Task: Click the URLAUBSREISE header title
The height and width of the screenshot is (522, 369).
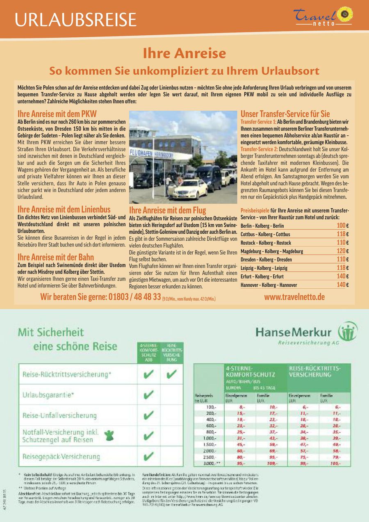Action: coord(75,20)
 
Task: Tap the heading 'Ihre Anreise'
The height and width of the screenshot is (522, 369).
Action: coord(184,53)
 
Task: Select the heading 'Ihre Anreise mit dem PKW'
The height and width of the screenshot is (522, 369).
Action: coord(57,114)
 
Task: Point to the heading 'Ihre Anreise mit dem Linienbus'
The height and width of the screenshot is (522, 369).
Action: coord(64,209)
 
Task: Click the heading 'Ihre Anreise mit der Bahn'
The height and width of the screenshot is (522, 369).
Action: coord(56,258)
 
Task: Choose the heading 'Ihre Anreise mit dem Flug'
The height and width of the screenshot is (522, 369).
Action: coord(167,210)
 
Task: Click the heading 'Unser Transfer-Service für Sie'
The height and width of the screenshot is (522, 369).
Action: coord(285,114)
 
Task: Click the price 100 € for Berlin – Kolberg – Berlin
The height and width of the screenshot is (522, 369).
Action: coord(342,226)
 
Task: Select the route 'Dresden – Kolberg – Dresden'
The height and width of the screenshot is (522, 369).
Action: coord(266,260)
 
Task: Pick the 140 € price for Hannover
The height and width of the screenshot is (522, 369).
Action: coord(342,285)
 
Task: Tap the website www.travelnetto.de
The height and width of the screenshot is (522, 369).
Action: coord(294,296)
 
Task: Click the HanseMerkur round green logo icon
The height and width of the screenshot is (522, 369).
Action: coord(347,331)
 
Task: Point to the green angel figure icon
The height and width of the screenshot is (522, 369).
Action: coord(109,435)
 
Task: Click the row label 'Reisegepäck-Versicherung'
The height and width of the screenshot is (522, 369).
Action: coord(61,456)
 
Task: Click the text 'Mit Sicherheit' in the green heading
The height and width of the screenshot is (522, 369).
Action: coord(51,332)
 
